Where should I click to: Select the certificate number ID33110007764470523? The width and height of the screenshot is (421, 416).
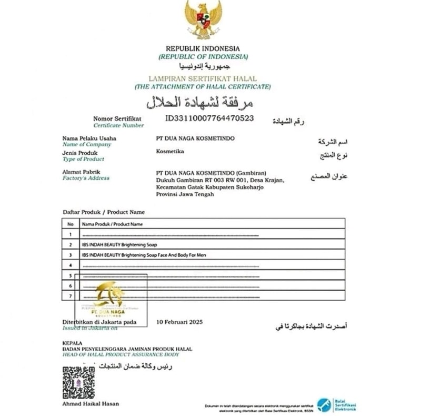pos(209,118)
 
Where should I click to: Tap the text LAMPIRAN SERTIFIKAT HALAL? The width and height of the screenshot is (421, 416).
pos(203,78)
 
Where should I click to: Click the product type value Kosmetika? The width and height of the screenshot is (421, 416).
pos(170,152)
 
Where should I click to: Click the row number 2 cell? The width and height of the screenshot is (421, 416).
pos(70,245)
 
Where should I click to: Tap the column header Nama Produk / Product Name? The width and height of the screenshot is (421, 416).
pos(113,224)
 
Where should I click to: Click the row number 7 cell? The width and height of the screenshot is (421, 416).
pos(70,296)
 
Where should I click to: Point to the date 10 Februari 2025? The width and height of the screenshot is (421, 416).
pos(179,322)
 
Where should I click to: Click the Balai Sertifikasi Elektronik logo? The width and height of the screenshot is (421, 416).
pos(337,404)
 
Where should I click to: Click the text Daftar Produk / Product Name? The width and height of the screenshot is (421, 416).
pos(104,212)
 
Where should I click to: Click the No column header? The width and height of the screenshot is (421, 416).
pos(70,224)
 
